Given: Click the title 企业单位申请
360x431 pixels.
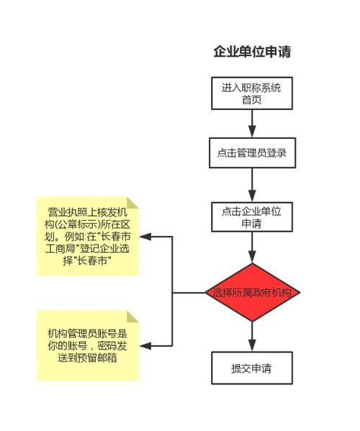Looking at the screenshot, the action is pyautogui.click(x=252, y=51).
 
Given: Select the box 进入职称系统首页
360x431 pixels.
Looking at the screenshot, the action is pyautogui.click(x=252, y=94).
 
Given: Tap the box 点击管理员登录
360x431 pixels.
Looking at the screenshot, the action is pyautogui.click(x=252, y=153).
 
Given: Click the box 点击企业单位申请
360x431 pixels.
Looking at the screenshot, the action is pyautogui.click(x=252, y=217).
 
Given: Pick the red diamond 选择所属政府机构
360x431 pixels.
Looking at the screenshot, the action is pyautogui.click(x=252, y=292).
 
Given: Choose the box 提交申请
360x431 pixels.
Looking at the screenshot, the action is pyautogui.click(x=252, y=368).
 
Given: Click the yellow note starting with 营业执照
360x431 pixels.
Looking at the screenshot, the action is pyautogui.click(x=88, y=236).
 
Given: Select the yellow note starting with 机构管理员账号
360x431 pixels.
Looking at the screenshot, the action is pyautogui.click(x=88, y=345).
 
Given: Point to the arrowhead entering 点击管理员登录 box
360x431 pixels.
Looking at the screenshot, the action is pyautogui.click(x=252, y=132).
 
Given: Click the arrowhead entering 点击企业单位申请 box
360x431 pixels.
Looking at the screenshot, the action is pyautogui.click(x=252, y=196).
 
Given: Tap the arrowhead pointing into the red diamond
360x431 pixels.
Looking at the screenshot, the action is pyautogui.click(x=252, y=256).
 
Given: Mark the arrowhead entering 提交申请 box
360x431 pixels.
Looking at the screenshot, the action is pyautogui.click(x=252, y=345).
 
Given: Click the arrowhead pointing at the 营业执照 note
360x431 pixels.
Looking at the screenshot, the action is pyautogui.click(x=145, y=237).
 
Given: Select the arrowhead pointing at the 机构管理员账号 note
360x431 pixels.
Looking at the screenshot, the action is pyautogui.click(x=145, y=346).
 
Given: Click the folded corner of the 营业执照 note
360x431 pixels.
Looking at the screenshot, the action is pyautogui.click(x=132, y=203).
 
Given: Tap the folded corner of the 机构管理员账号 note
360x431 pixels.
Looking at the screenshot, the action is pyautogui.click(x=132, y=317).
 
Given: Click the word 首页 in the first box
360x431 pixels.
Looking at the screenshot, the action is pyautogui.click(x=252, y=99).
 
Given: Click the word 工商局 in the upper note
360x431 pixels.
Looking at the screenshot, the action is pyautogui.click(x=60, y=249).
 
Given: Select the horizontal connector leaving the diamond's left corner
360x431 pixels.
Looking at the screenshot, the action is pyautogui.click(x=189, y=292).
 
